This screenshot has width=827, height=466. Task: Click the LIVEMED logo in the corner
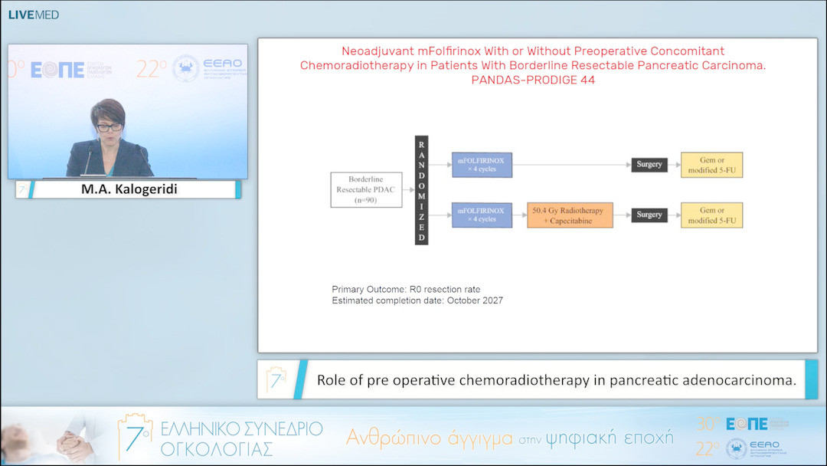tap(34, 15)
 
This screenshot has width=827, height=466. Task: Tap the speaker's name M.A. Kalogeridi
tap(129, 189)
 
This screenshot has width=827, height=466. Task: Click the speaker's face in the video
tap(107, 122)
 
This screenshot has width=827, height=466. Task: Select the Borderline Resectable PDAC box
tap(367, 189)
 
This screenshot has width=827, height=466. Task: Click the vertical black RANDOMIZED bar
tap(421, 190)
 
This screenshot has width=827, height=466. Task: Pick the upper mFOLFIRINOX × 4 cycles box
tap(481, 165)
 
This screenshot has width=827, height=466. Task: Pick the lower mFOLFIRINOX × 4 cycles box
tap(481, 215)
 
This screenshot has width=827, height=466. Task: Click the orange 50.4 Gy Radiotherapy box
tap(570, 215)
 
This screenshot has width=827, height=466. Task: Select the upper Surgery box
tap(649, 165)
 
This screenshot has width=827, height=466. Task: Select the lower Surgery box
tap(649, 215)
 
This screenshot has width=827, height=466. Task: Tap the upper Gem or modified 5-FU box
tap(711, 165)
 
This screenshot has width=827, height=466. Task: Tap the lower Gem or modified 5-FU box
tap(711, 215)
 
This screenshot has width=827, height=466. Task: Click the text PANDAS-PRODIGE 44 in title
tap(532, 80)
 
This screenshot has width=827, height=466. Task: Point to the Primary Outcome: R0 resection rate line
tap(406, 289)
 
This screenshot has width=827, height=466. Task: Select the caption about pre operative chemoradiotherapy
tap(557, 380)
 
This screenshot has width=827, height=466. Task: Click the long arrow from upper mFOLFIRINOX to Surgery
tap(570, 165)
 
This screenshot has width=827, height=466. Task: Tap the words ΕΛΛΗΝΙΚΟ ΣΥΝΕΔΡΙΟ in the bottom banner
tap(241, 428)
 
